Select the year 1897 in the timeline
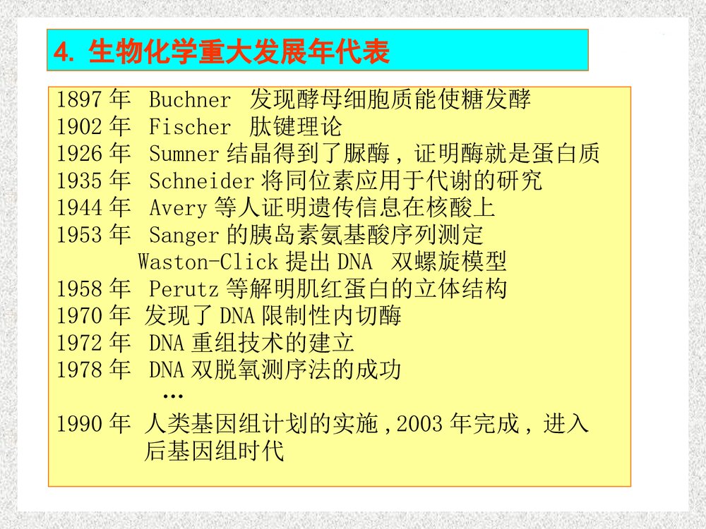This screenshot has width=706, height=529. click(79, 100)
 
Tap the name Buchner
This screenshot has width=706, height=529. click(190, 100)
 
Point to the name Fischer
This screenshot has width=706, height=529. click(190, 127)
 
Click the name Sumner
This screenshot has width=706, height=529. click(184, 154)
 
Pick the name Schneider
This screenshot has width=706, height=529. click(201, 181)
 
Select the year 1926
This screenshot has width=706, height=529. click(79, 154)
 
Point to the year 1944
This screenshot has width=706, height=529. click(79, 208)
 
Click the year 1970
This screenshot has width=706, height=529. click(79, 315)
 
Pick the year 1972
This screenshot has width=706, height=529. click(79, 343)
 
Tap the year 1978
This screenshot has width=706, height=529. click(79, 370)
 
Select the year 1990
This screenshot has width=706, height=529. click(79, 424)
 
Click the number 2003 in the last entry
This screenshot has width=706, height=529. click(419, 424)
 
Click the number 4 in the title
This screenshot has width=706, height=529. click(62, 52)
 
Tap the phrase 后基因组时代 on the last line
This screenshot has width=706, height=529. click(214, 451)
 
